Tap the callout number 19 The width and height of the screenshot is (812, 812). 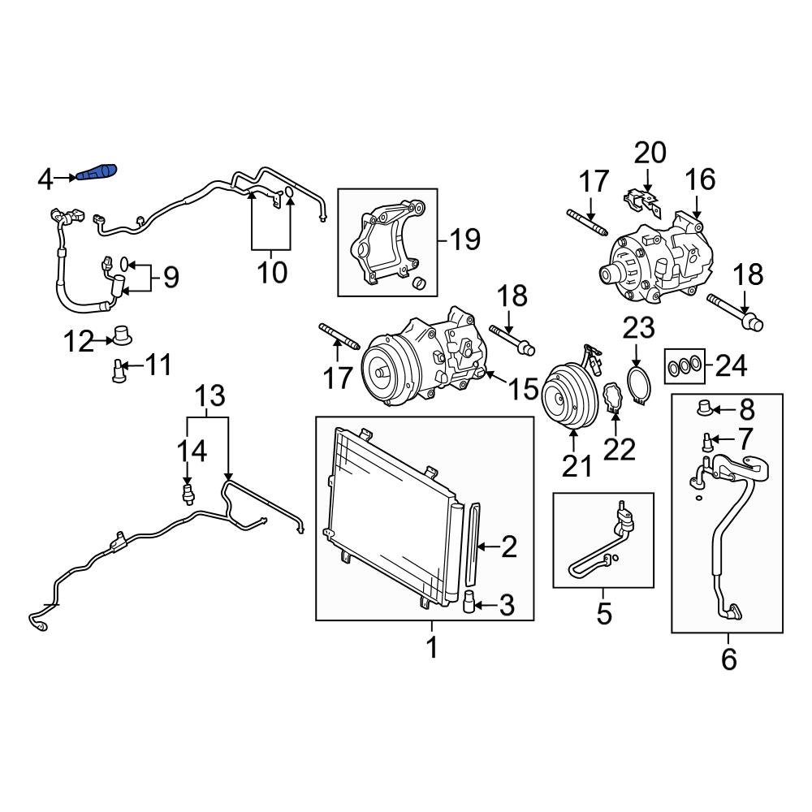pos(464,240)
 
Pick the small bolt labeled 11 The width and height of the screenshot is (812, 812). pos(118,370)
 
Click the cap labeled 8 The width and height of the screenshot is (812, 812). pos(704,405)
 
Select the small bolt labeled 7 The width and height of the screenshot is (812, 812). pos(707,441)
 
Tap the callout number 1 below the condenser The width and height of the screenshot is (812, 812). pos(432,648)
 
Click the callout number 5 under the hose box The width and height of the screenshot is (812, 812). pos(603,614)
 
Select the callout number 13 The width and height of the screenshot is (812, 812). pos(209,396)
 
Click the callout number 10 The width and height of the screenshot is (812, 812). pos(272,271)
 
